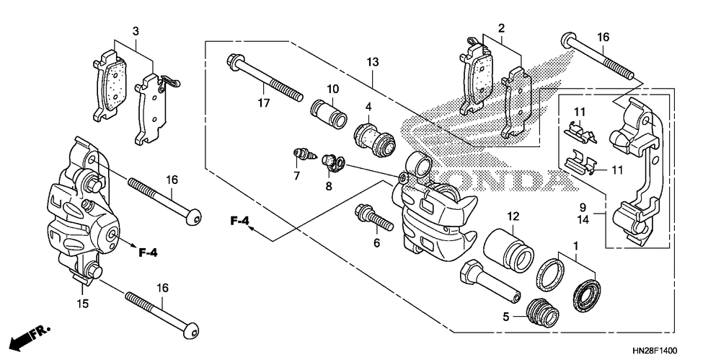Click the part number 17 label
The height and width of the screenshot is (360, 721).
coord(264,103)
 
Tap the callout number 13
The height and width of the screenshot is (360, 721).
coord(371,63)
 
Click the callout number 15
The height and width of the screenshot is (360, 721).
coord(83,304)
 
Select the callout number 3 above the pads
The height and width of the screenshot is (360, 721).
coord(135,30)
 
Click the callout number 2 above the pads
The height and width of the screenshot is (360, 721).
coord(500,29)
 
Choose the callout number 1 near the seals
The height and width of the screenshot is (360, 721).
coord(575,246)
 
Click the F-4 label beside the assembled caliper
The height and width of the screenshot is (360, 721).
coord(148,253)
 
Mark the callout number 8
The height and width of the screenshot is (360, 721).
coord(328,186)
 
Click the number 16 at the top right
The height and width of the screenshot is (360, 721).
coord(603,37)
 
